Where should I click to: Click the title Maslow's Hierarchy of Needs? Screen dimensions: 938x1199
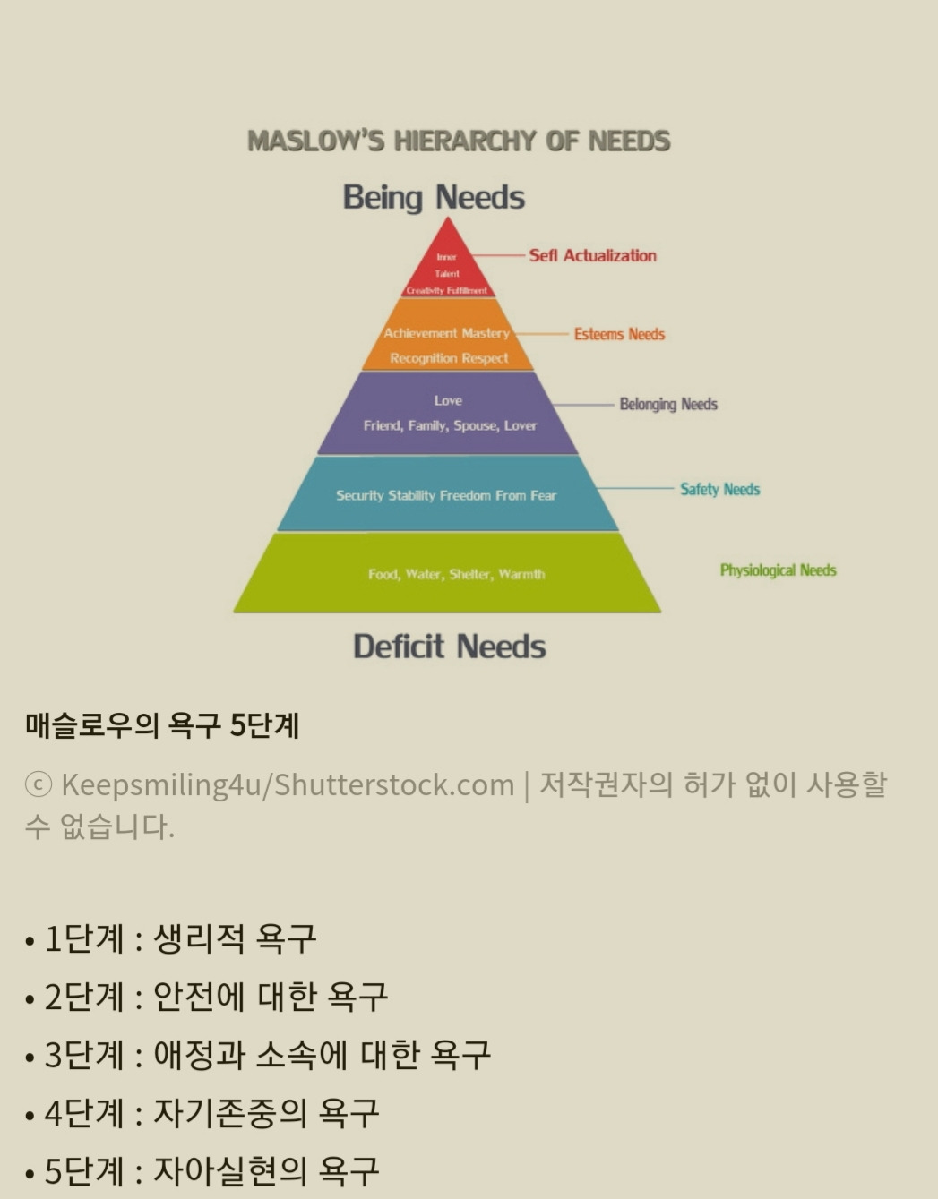coord(459,141)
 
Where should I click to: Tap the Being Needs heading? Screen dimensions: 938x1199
coord(434,197)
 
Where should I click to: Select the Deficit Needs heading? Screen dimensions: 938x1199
coord(449,647)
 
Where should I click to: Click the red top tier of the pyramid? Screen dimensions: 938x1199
coord(447,269)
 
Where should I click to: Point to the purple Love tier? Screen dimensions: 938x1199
coord(448,413)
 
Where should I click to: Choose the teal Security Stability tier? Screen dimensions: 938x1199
coord(446,494)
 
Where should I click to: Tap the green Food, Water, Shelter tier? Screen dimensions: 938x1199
coord(448,574)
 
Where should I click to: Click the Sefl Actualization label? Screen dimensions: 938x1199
coord(592,255)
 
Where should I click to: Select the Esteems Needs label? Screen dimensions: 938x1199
coord(619,334)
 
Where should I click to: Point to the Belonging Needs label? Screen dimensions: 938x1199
coord(668,404)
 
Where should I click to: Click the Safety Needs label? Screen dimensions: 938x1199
coord(719,489)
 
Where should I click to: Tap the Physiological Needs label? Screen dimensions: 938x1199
coord(778,570)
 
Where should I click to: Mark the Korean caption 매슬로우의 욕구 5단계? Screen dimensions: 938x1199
coord(162,724)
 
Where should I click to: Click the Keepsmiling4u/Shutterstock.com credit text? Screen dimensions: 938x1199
coord(287,784)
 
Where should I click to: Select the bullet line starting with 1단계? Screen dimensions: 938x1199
coord(170,938)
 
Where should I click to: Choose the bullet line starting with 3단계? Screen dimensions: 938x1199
coord(258,1055)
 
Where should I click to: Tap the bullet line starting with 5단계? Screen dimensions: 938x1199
coord(202,1171)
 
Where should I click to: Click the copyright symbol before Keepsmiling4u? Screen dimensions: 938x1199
coord(38,784)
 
